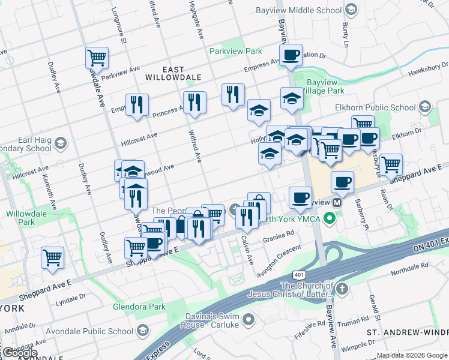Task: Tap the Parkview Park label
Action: [236, 52]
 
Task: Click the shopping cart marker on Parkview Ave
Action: [97, 58]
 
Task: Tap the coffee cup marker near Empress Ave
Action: [291, 55]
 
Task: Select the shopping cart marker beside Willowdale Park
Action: [52, 257]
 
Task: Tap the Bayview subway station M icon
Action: [337, 203]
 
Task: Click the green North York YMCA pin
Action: [329, 218]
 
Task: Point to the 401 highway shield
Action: [298, 274]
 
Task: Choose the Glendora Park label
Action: [139, 307]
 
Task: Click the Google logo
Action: [20, 352]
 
